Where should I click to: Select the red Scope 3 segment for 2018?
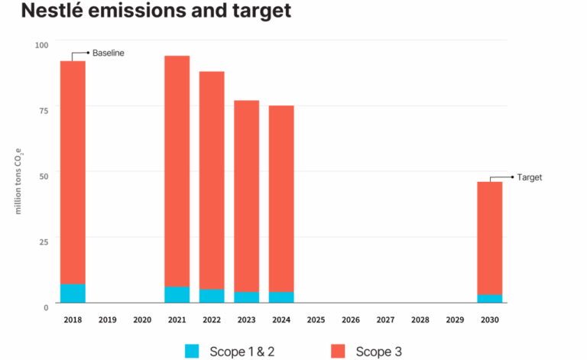tap(73, 172)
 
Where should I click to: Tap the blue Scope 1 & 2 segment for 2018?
tap(73, 293)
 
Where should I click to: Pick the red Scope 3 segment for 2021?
tap(177, 171)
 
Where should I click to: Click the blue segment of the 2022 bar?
tap(212, 296)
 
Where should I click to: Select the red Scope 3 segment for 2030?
tap(490, 238)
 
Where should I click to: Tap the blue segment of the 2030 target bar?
tap(490, 298)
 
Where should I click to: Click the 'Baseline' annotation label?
tap(108, 53)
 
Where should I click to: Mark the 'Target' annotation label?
tap(530, 177)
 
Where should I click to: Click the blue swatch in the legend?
tap(193, 351)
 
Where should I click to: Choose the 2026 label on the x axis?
tap(351, 320)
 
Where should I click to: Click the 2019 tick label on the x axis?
tap(107, 320)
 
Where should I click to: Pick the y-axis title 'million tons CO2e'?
tap(18, 176)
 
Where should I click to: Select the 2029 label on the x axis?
tap(455, 320)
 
